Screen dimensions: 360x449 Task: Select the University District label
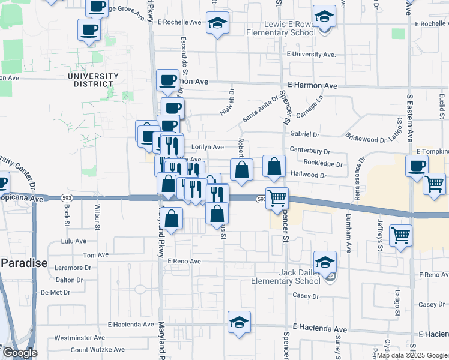93,80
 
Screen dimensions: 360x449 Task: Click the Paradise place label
23,263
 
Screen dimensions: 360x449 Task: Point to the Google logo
19,353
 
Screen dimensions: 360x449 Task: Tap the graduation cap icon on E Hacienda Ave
239,322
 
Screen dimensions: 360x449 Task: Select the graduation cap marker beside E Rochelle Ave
215,23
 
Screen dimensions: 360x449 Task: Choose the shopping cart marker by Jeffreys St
400,235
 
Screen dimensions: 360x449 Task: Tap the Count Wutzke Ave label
97,349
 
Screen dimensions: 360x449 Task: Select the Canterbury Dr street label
310,151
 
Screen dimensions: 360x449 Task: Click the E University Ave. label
310,55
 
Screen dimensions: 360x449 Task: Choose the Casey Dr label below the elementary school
305,296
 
